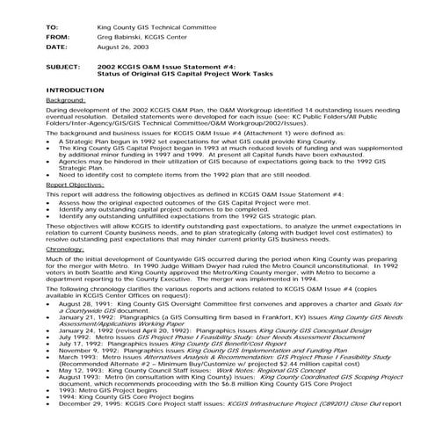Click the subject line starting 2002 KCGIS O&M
coord(156,68)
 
